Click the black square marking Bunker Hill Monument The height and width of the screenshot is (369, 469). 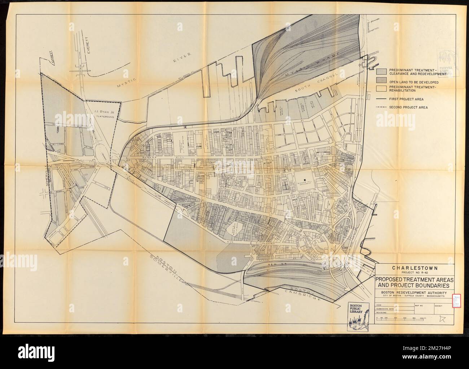click(305, 180)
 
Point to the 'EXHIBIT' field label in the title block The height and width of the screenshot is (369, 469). click(439, 305)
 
